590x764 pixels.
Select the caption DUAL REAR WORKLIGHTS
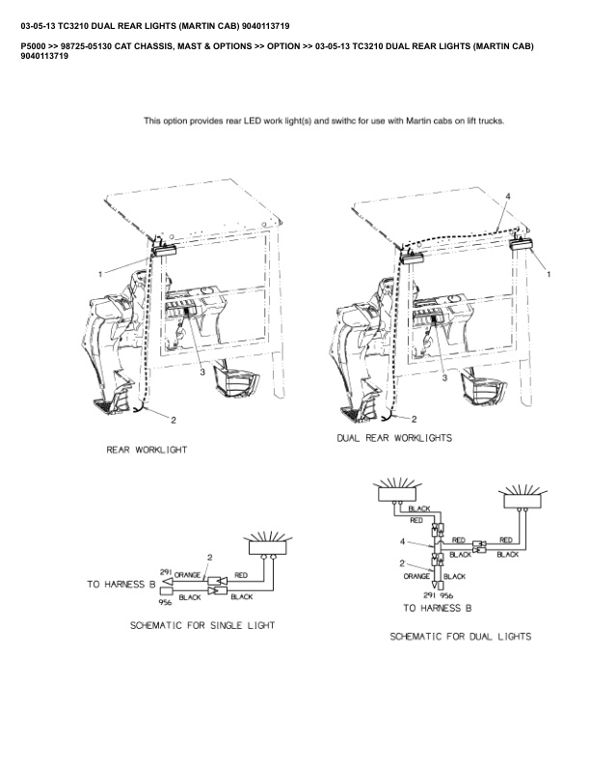(394, 437)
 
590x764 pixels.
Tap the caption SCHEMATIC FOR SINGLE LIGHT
(202, 625)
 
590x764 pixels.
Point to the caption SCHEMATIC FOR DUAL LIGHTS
(460, 637)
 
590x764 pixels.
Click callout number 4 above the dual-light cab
(507, 198)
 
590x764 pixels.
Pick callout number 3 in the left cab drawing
(201, 370)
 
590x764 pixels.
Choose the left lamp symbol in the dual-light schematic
(394, 493)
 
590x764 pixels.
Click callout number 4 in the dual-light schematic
(403, 543)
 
